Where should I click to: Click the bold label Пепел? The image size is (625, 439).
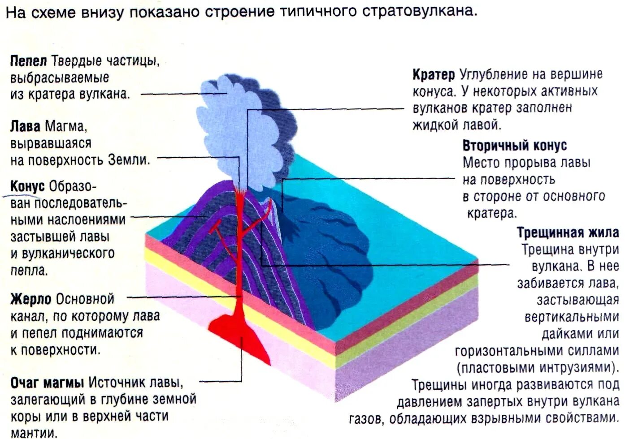(28, 61)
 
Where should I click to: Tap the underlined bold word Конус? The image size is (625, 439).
(27, 186)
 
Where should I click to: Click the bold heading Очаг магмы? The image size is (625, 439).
(47, 383)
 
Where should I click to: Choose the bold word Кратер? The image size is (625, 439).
(434, 74)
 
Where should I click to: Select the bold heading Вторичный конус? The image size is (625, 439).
(514, 146)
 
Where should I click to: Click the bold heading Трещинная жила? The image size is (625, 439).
(568, 232)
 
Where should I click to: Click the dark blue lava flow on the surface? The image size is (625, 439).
(332, 251)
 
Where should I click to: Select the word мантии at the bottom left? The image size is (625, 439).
(34, 433)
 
